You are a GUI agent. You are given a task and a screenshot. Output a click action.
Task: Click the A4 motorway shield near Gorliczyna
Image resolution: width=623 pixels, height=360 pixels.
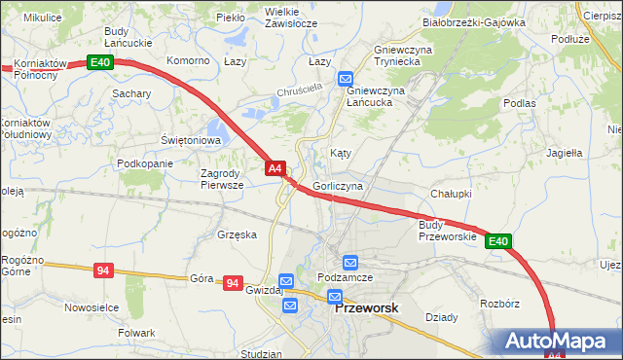click(x=275, y=168)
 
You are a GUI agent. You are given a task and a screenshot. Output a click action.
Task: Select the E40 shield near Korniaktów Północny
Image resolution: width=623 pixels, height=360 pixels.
click(x=100, y=62)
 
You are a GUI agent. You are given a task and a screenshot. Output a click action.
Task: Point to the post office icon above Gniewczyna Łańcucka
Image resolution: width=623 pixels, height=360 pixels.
click(x=346, y=79)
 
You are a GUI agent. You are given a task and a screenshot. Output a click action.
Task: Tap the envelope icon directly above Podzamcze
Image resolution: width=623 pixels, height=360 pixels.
click(x=349, y=262)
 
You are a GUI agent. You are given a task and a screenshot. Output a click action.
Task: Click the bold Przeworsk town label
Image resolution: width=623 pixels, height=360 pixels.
click(x=366, y=307)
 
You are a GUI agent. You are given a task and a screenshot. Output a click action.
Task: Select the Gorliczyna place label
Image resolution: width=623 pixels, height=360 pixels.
click(x=339, y=185)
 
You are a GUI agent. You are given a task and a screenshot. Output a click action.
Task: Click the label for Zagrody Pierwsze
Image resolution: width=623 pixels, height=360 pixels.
click(x=228, y=179)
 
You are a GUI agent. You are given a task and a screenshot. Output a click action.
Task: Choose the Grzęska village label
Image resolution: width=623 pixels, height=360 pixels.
click(x=238, y=234)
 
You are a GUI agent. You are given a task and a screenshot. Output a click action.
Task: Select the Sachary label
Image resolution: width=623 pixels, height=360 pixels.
click(x=131, y=93)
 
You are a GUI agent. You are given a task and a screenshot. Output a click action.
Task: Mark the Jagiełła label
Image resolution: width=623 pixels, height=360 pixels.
click(x=564, y=153)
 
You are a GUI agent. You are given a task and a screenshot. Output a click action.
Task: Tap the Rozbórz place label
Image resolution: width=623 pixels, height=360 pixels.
click(x=499, y=304)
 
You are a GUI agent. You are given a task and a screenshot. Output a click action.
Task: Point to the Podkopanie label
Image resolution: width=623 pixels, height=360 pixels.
click(x=144, y=163)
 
